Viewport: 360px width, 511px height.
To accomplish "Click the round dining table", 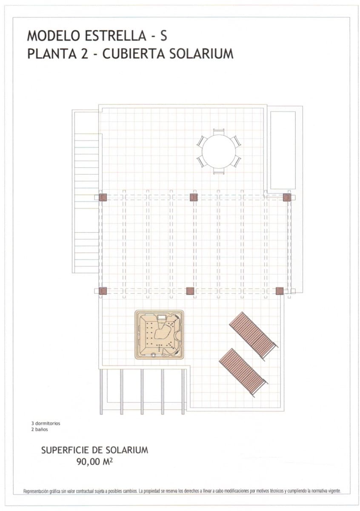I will [x=219, y=152].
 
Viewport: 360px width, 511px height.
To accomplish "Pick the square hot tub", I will [x=160, y=334].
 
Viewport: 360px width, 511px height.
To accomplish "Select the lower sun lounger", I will [x=243, y=372].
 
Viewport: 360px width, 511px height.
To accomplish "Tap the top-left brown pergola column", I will [x=103, y=197].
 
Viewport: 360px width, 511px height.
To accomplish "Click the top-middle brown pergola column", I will [x=194, y=197].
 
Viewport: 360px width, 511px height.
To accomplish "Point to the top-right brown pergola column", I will [x=287, y=197].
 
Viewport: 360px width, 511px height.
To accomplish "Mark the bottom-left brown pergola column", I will [x=103, y=291].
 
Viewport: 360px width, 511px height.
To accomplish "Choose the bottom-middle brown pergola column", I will [x=190, y=291].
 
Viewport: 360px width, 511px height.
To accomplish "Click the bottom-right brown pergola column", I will [x=279, y=291].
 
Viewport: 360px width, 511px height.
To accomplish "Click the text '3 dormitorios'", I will [x=46, y=424].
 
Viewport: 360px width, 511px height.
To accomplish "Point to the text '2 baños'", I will [x=40, y=430].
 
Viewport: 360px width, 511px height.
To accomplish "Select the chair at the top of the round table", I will [x=219, y=132].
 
